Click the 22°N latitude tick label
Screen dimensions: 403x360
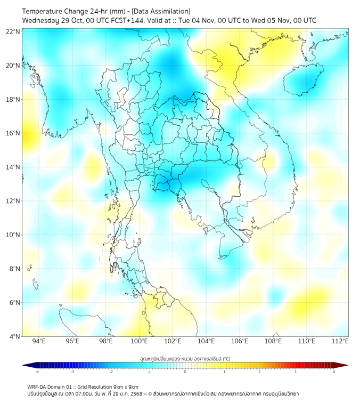click(x=13, y=32)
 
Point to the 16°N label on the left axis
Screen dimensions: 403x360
click(x=13, y=133)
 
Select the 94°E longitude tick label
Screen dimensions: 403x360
click(x=39, y=341)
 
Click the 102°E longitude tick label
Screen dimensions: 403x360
click(x=173, y=341)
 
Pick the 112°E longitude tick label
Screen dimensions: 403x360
click(x=340, y=341)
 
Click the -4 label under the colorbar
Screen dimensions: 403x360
click(x=36, y=372)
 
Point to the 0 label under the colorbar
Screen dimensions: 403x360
click(x=185, y=372)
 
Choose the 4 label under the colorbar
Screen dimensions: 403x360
click(x=334, y=372)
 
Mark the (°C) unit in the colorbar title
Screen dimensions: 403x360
click(x=226, y=358)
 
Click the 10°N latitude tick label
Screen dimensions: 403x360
click(x=13, y=235)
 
